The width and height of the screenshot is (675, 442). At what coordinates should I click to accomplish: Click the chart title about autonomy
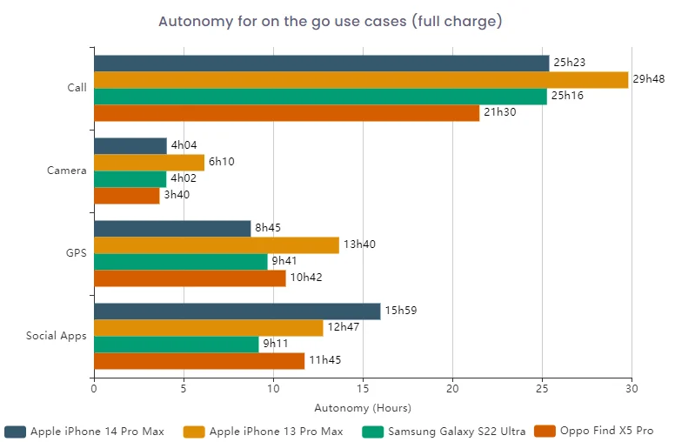[330, 21]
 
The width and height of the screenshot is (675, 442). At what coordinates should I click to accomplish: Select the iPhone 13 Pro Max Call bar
[360, 80]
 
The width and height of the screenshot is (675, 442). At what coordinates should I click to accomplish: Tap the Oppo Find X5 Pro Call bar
[286, 113]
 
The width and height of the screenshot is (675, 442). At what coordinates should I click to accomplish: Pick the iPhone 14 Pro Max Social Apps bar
[237, 311]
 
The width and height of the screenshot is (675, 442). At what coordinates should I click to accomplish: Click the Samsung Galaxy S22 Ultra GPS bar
[180, 262]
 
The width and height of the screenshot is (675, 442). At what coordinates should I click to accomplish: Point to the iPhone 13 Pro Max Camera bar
[149, 163]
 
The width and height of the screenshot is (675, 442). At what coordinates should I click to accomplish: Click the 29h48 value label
[649, 79]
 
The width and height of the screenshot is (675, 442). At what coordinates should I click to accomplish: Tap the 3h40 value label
[177, 195]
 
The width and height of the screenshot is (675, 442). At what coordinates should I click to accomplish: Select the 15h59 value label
[400, 311]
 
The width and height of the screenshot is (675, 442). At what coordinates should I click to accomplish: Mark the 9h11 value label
[277, 345]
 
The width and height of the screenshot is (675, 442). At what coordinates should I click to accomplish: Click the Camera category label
[66, 171]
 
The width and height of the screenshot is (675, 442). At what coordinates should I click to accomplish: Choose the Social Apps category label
[56, 336]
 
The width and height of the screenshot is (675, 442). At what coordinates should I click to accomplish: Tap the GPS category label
[76, 253]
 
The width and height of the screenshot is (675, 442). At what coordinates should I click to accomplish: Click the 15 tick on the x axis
[363, 388]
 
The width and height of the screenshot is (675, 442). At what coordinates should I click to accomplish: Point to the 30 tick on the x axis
[632, 388]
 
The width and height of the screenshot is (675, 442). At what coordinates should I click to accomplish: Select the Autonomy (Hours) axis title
[363, 407]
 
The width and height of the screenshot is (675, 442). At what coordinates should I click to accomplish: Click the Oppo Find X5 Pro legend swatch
[544, 431]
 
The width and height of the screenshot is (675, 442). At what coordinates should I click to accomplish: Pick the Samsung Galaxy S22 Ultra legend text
[456, 431]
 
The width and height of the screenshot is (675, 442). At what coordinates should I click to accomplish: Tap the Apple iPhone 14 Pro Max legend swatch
[15, 431]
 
